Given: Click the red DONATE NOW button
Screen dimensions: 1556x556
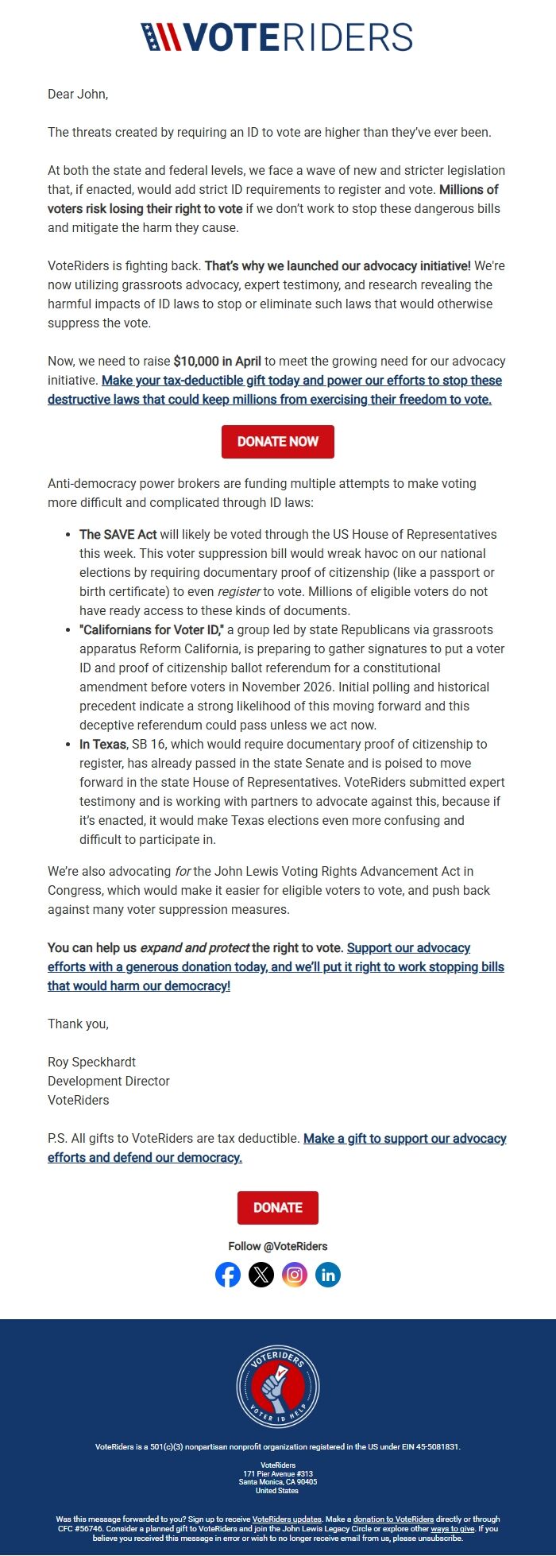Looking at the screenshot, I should tap(277, 442).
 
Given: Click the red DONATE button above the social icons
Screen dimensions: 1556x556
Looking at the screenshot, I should tap(277, 1207).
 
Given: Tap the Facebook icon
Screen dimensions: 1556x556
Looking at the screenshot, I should tap(228, 1275).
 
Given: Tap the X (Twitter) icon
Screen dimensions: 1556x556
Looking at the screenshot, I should tap(261, 1275).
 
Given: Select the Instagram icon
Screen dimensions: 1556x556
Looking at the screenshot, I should tap(295, 1275).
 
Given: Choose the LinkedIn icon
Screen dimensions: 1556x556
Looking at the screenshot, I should tap(328, 1275).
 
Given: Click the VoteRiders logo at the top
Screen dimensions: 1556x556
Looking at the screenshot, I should tap(277, 37).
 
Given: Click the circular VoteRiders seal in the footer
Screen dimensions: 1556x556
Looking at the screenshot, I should tap(278, 1387).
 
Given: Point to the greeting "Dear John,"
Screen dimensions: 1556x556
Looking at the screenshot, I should tap(78, 94).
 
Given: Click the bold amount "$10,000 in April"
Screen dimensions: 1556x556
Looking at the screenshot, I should tap(217, 361).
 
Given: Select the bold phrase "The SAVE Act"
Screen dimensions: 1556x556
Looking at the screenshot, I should tap(118, 534).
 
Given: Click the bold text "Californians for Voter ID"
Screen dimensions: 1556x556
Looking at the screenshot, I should tap(151, 629).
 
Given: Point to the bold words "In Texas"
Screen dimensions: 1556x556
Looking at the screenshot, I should tap(102, 744).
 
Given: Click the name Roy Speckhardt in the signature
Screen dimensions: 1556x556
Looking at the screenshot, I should tap(91, 1062).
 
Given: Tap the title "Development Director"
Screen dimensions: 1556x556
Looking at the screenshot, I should tap(109, 1081).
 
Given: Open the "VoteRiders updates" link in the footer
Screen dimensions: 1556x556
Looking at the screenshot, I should tap(287, 1519).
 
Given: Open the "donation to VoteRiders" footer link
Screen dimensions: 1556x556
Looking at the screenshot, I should tap(393, 1519).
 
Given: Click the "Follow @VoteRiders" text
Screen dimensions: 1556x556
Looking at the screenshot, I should tap(277, 1246).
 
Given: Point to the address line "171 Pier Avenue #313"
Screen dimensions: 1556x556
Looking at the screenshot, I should tap(278, 1473).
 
